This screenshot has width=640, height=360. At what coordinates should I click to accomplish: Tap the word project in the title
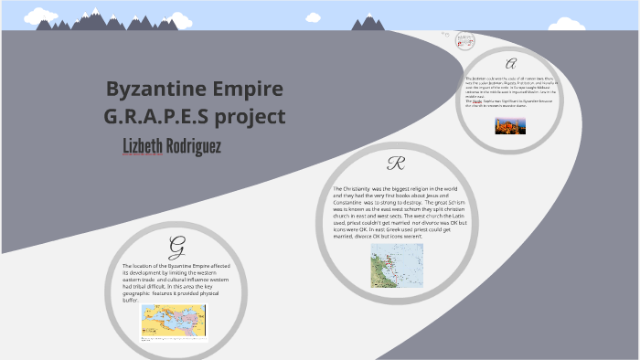click(x=251, y=119)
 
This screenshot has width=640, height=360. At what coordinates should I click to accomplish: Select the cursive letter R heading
click(x=396, y=164)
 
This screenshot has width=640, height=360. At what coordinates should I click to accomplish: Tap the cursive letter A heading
click(x=511, y=64)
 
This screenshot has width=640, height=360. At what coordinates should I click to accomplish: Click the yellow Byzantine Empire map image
click(x=174, y=320)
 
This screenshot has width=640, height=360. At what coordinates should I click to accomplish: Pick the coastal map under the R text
click(x=397, y=265)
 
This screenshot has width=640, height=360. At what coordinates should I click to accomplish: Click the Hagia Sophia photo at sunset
click(x=510, y=125)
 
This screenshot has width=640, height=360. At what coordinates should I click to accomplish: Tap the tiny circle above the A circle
click(x=465, y=40)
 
